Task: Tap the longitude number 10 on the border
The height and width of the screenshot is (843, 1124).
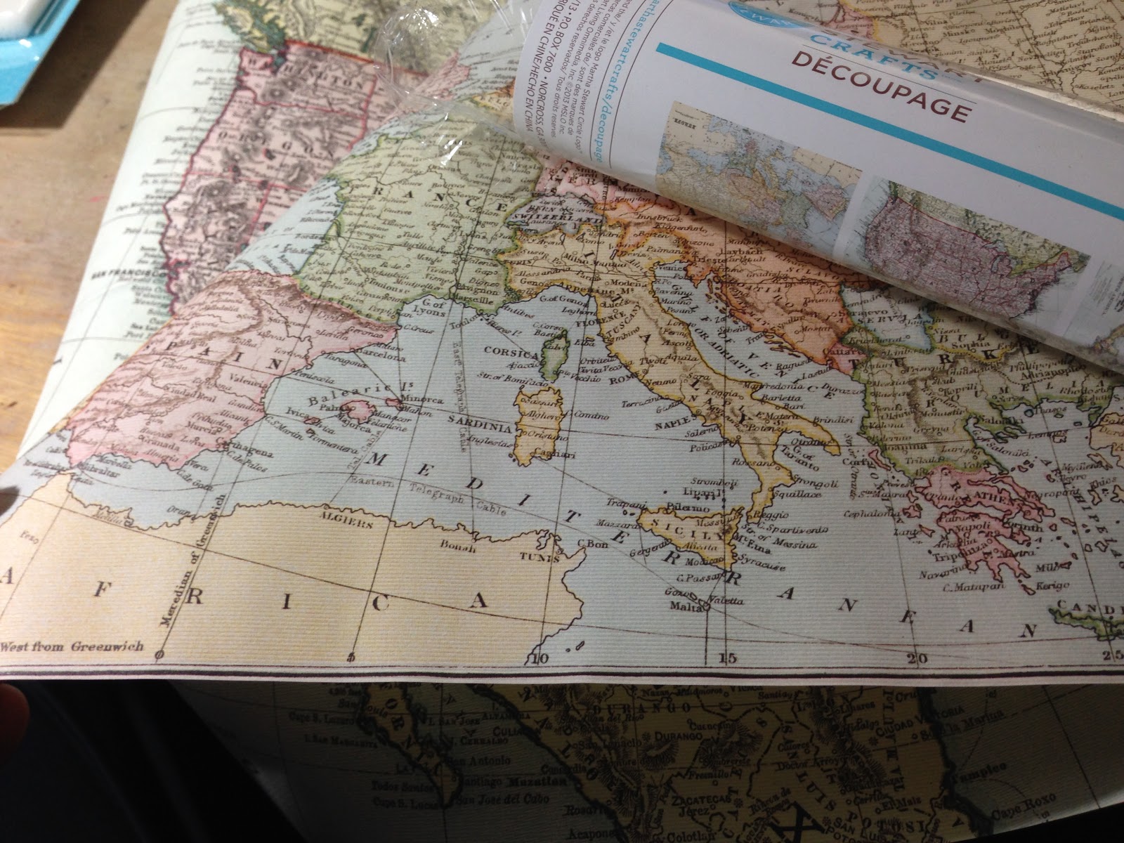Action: (x=540, y=658)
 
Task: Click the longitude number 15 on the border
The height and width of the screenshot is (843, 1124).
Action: (x=727, y=658)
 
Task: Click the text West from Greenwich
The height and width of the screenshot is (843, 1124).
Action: (x=72, y=646)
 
